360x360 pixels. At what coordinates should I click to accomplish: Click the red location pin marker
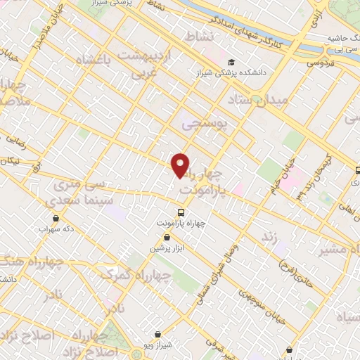pos(181,165)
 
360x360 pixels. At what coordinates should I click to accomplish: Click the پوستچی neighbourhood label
pos(205,124)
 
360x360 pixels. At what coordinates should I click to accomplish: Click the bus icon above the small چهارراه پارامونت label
pos(181,212)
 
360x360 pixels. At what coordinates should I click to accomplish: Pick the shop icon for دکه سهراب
pos(56,218)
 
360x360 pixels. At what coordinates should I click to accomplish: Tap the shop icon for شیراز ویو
pos(158,334)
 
